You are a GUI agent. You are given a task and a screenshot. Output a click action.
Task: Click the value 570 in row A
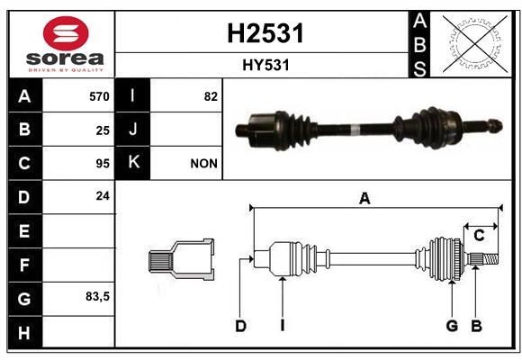pyautogui.click(x=99, y=96)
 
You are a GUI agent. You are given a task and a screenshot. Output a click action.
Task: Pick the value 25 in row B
pyautogui.click(x=103, y=130)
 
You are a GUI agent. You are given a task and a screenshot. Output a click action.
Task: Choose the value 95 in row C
pyautogui.click(x=103, y=164)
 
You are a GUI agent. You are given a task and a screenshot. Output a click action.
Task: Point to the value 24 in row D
pyautogui.click(x=103, y=195)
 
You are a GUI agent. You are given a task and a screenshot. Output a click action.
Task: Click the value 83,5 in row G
pyautogui.click(x=97, y=296)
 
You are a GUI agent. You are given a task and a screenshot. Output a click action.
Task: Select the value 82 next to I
pyautogui.click(x=211, y=96)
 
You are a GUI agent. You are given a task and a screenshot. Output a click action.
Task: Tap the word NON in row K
pyautogui.click(x=204, y=164)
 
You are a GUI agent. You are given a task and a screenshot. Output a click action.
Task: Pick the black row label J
pyautogui.click(x=134, y=130)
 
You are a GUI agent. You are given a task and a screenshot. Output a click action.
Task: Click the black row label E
pyautogui.click(x=23, y=230)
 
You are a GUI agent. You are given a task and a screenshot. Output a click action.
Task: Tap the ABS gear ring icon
pyautogui.click(x=472, y=44)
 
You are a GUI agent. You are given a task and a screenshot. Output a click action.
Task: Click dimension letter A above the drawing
pyautogui.click(x=364, y=200)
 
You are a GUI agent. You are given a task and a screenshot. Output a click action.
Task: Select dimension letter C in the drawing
pyautogui.click(x=480, y=236)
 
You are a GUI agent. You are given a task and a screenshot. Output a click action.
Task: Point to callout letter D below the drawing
pyautogui.click(x=240, y=326)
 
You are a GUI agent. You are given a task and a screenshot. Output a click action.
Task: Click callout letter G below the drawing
pyautogui.click(x=452, y=326)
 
